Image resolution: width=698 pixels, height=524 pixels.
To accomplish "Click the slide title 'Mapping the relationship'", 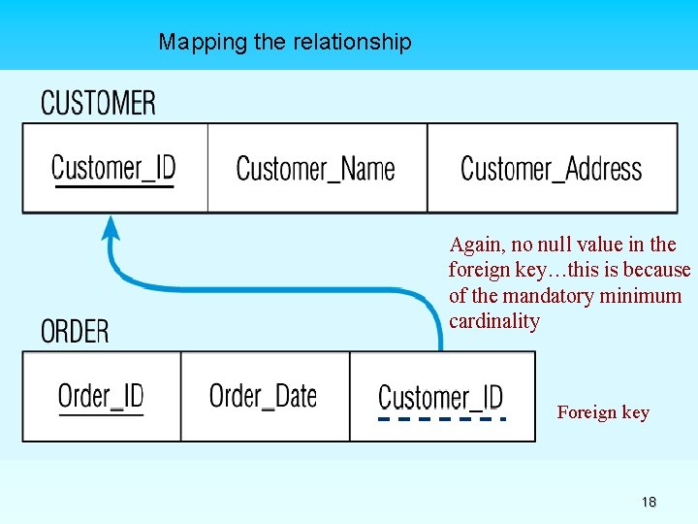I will tap(285, 42).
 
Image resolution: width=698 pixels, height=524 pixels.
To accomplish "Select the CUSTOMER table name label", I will tap(98, 103).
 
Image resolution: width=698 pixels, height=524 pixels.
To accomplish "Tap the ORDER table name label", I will tap(75, 331).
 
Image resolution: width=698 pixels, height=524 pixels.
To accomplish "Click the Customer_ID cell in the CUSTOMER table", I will tap(113, 167).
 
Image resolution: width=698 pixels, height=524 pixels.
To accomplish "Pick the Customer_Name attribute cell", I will tap(316, 168).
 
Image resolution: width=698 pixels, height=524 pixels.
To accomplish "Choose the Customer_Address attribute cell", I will tap(551, 168).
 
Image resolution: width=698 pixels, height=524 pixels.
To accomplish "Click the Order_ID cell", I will tap(101, 395).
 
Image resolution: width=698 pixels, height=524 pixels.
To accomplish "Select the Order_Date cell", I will tap(264, 395).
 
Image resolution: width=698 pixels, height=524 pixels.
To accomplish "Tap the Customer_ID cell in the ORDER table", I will tap(440, 396).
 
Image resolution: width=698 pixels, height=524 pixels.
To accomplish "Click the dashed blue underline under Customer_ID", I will tap(441, 419).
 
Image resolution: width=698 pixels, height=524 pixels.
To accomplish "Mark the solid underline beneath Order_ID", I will tap(101, 415).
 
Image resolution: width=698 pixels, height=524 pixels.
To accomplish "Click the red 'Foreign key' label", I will tap(603, 412).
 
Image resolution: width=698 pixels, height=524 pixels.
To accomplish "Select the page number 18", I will tap(649, 502).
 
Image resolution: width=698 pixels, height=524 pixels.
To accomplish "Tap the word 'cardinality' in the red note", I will tap(493, 321).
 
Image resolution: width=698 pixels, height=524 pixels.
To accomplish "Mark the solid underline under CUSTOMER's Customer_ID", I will tap(113, 186).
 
